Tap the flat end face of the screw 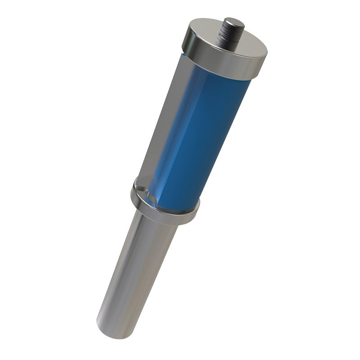[x=234, y=21]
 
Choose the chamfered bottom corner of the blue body [x=157, y=202]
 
